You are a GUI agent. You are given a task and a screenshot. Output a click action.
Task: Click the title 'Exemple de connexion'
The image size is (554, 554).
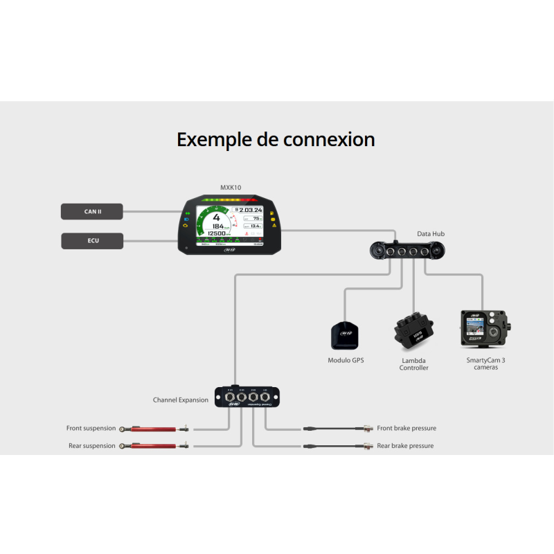point(276,139)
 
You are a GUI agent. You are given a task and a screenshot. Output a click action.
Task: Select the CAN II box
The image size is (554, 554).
point(92,211)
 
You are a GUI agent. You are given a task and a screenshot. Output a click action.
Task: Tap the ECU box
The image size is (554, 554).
point(92,241)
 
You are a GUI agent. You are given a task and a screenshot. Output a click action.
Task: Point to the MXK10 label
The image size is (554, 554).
point(231,188)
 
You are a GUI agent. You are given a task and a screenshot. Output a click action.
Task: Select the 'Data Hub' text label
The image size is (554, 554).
point(431,234)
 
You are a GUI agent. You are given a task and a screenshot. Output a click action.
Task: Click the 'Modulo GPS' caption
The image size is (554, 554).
point(346,360)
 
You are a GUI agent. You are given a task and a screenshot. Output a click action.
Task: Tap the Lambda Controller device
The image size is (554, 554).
point(413,332)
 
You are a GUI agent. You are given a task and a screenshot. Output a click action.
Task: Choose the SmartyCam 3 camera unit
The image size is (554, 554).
point(485,328)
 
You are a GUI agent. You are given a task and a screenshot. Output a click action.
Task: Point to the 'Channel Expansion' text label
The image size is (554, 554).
point(180,400)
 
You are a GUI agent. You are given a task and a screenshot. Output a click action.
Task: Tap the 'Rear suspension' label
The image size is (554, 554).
point(91,446)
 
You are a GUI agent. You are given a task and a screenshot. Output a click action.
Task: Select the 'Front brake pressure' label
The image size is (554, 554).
point(406,428)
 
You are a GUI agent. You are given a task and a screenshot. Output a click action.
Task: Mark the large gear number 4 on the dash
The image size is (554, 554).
point(216,217)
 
